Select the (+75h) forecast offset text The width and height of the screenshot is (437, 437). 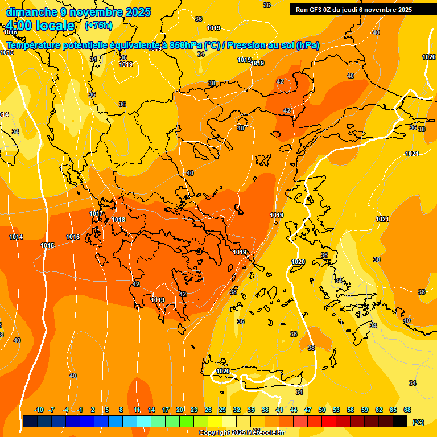pyautogui.click(x=98, y=25)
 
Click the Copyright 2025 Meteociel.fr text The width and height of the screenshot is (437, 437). pyautogui.click(x=241, y=432)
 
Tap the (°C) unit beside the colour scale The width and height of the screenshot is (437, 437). pyautogui.click(x=418, y=423)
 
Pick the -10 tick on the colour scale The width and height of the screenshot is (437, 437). pyautogui.click(x=39, y=410)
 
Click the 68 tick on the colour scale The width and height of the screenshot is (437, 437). pyautogui.click(x=407, y=410)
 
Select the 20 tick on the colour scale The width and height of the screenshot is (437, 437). pyautogui.click(x=180, y=410)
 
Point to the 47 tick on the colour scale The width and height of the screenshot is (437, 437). pyautogui.click(x=308, y=410)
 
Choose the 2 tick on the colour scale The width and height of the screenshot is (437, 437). pyautogui.click(x=93, y=410)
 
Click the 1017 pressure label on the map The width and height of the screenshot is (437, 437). pyautogui.click(x=96, y=213)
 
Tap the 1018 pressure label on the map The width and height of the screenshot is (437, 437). pyautogui.click(x=118, y=220)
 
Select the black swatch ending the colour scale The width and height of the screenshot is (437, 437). pyautogui.click(x=400, y=421)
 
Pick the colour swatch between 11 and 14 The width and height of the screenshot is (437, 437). pyautogui.click(x=144, y=421)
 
